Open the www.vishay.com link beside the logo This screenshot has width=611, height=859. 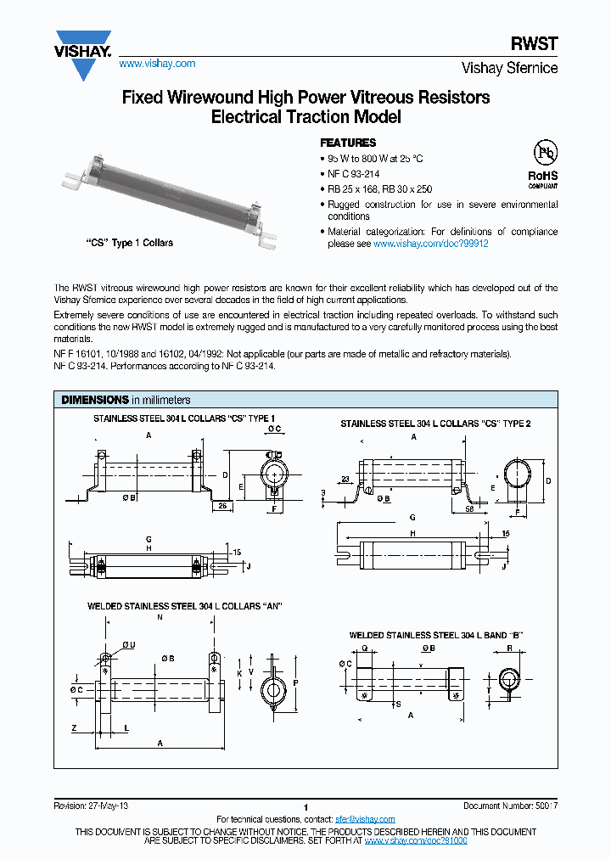pyautogui.click(x=157, y=64)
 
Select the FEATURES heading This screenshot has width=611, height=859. pyautogui.click(x=347, y=143)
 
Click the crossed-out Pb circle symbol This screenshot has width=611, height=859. pyautogui.click(x=544, y=153)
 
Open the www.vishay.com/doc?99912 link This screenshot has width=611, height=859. pyautogui.click(x=431, y=244)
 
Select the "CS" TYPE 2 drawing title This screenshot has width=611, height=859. pyautogui.click(x=435, y=424)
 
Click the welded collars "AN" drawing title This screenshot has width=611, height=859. pyautogui.click(x=184, y=606)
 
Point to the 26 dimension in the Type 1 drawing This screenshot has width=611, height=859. pyautogui.click(x=222, y=506)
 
